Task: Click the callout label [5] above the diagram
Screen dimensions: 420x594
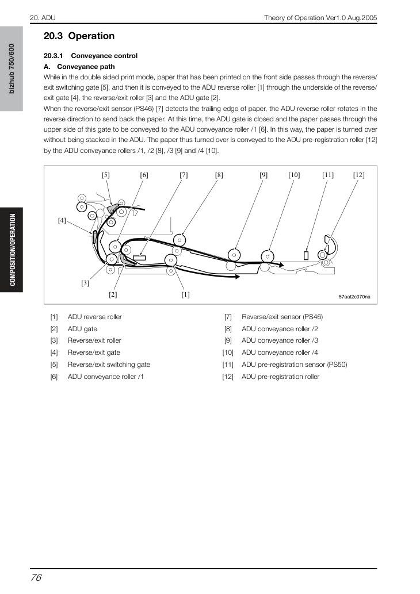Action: click(106, 175)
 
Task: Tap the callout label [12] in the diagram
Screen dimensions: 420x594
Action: click(358, 175)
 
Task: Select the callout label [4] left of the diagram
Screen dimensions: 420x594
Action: click(62, 220)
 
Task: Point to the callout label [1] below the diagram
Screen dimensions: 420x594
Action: click(185, 294)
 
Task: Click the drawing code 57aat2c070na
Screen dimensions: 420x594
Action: click(354, 297)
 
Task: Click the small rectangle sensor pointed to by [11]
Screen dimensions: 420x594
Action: click(306, 256)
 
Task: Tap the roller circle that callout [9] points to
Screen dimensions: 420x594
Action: click(234, 255)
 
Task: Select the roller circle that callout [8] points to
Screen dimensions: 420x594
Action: click(180, 240)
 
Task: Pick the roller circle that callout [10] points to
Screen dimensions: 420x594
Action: click(268, 256)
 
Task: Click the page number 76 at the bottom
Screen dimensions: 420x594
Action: click(36, 577)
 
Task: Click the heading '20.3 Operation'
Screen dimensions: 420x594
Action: click(79, 36)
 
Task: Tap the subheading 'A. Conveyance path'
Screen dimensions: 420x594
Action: click(79, 67)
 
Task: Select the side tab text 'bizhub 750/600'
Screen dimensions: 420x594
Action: click(12, 68)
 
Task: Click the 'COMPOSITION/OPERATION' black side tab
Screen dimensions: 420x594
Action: click(12, 250)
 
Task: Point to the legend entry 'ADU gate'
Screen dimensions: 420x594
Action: click(82, 329)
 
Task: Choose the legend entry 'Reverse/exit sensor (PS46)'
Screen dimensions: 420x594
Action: click(282, 317)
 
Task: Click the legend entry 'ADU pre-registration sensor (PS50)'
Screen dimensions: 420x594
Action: click(294, 365)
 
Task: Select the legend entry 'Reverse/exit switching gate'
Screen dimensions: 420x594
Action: click(109, 365)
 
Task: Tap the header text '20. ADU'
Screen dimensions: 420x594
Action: click(43, 18)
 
